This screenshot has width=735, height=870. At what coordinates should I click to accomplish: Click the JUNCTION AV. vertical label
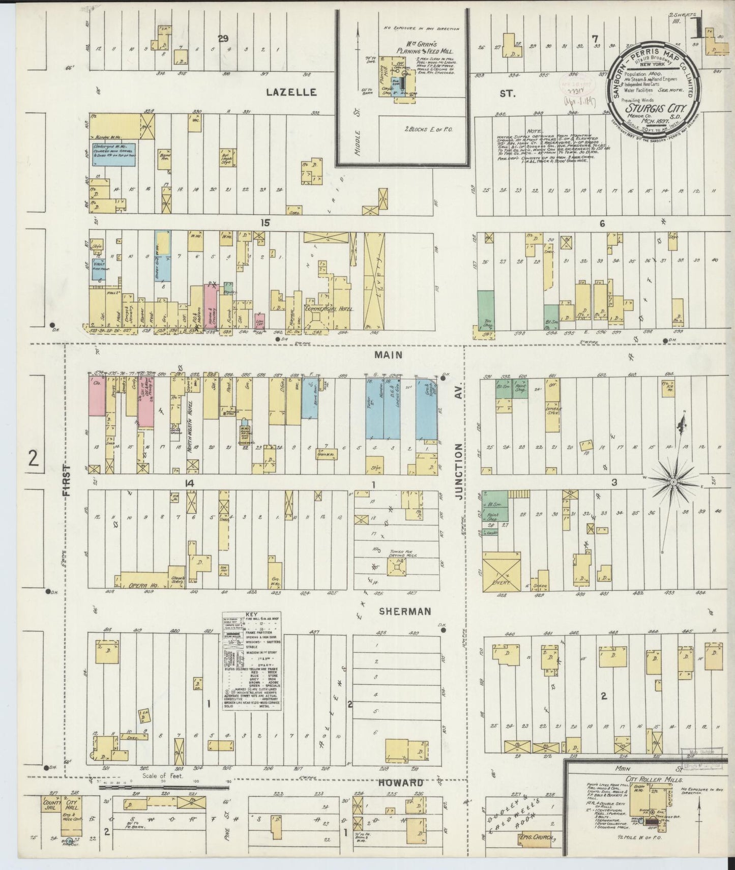pos(459,471)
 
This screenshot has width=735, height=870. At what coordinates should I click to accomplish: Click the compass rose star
pos(674,480)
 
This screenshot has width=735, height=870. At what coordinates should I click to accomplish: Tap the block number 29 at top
pos(222,38)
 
